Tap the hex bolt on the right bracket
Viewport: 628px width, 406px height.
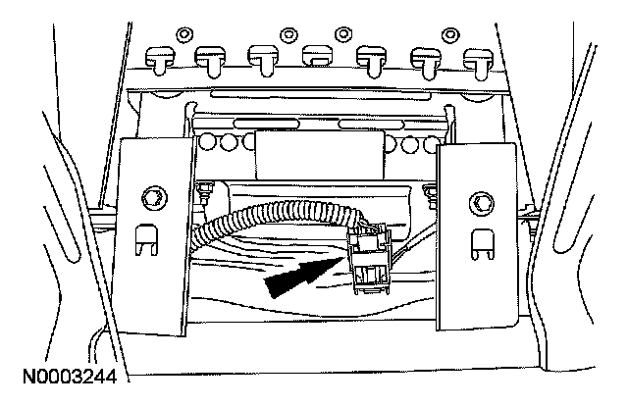pyautogui.click(x=481, y=203)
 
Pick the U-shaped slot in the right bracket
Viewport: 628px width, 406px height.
pyautogui.click(x=481, y=239)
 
